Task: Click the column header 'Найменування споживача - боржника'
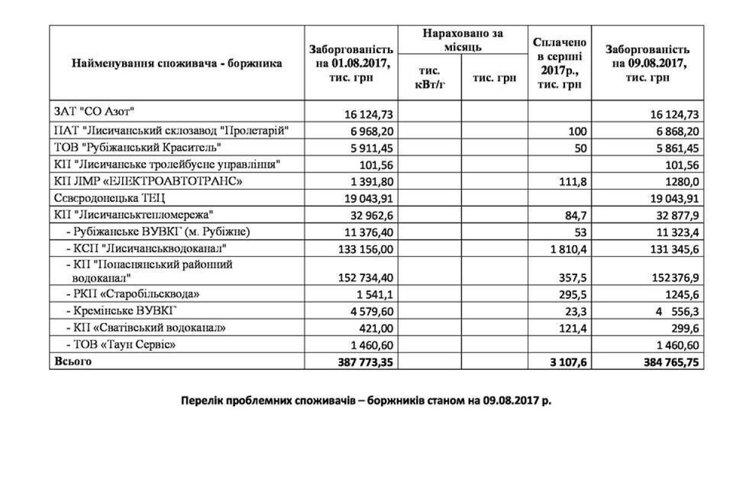pyautogui.click(x=177, y=63)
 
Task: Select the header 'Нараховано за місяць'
pyautogui.click(x=463, y=40)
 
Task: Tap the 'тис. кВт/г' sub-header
pyautogui.click(x=430, y=77)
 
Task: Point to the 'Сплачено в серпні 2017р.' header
pyautogui.click(x=560, y=63)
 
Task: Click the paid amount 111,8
pyautogui.click(x=574, y=182)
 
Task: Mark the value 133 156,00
pyautogui.click(x=363, y=249)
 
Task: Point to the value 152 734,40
pyautogui.click(x=363, y=278)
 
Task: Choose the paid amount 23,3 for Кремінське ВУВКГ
pyautogui.click(x=576, y=312)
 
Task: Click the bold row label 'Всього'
pyautogui.click(x=73, y=361)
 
